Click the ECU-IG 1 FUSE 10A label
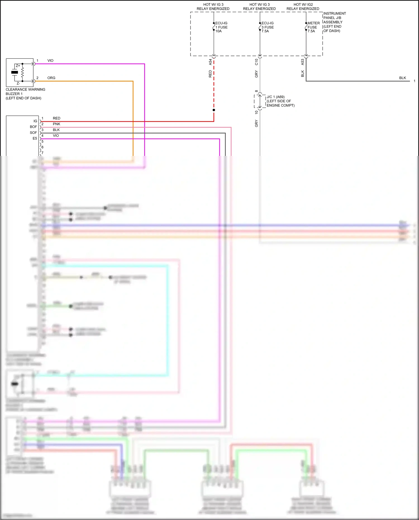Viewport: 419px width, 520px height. coord(221,27)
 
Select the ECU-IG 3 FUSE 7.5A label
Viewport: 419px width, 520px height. coord(267,27)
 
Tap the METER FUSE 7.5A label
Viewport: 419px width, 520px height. coord(313,27)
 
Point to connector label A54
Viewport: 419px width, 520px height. coord(210,62)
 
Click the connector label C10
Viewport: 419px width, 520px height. coord(256,62)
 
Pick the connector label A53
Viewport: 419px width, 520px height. coord(303,62)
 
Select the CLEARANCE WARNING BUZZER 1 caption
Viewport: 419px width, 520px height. coord(25,94)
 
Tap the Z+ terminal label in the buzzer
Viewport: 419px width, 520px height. coord(18,66)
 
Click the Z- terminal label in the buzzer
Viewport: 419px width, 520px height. coord(18,83)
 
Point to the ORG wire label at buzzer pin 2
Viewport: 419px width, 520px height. coord(51,78)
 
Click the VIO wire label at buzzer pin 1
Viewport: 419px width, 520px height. coord(50,61)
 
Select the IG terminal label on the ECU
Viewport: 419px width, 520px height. coord(35,121)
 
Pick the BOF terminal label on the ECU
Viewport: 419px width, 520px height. coord(33,127)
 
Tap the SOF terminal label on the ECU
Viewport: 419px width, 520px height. coord(33,133)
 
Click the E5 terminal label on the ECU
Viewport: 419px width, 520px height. coord(35,138)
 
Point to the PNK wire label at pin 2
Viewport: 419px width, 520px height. coord(56,124)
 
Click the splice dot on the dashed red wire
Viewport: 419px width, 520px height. coord(214,110)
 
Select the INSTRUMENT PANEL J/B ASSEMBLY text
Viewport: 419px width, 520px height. coord(334,22)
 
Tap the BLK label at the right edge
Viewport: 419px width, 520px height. coord(402,78)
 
